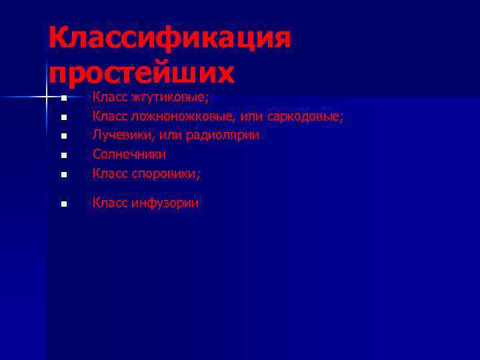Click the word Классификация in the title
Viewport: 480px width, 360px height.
[x=169, y=38]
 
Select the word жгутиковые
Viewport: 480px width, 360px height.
[x=171, y=98]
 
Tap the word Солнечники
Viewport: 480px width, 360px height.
[x=129, y=155]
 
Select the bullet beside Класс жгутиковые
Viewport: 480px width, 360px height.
[x=63, y=99]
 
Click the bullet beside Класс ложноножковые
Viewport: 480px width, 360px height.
[x=63, y=118]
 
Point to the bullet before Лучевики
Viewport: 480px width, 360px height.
[x=63, y=137]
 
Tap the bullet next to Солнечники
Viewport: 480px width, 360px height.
[x=63, y=156]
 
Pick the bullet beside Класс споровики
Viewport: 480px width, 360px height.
[x=63, y=175]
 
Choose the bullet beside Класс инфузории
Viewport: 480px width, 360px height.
[x=63, y=205]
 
